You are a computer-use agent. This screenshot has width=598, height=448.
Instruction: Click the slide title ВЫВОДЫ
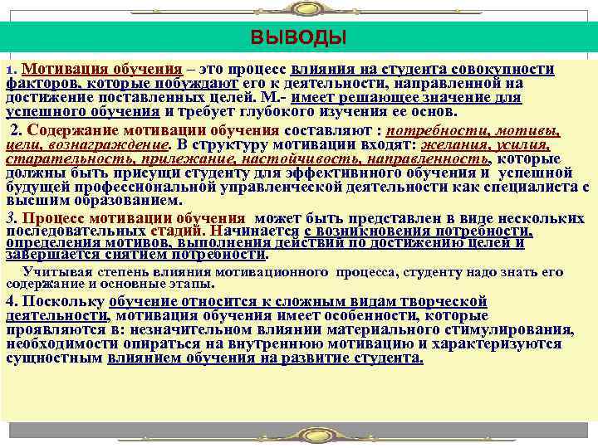pyautogui.click(x=299, y=38)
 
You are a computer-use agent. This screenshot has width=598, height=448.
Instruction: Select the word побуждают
pyautogui.click(x=198, y=84)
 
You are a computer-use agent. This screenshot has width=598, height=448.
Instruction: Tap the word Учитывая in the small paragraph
pyautogui.click(x=52, y=271)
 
